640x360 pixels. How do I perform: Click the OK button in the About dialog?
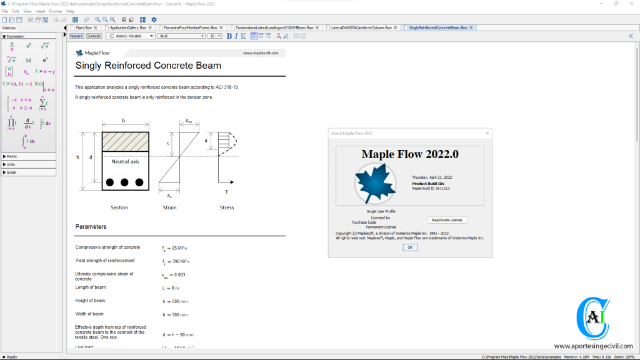click(x=410, y=247)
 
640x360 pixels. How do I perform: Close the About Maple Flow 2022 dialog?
click(x=487, y=133)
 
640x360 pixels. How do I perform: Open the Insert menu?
click(x=41, y=11)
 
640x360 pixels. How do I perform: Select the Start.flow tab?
click(x=84, y=27)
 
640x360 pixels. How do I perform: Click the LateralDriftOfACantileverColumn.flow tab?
click(x=361, y=27)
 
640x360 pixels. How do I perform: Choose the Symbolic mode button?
click(x=94, y=36)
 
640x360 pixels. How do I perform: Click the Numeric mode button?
click(x=76, y=36)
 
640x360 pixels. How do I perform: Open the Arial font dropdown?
click(x=181, y=36)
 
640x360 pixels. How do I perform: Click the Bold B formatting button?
click(x=229, y=36)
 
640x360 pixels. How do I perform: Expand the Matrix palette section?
click(x=12, y=156)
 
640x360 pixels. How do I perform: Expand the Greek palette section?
click(x=12, y=172)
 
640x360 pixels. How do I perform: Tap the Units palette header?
click(x=11, y=164)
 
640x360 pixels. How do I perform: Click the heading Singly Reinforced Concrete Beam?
click(x=148, y=65)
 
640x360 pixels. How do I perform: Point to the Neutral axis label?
click(x=125, y=161)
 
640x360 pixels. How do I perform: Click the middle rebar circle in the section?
click(x=124, y=182)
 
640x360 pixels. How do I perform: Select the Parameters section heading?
click(x=91, y=226)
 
